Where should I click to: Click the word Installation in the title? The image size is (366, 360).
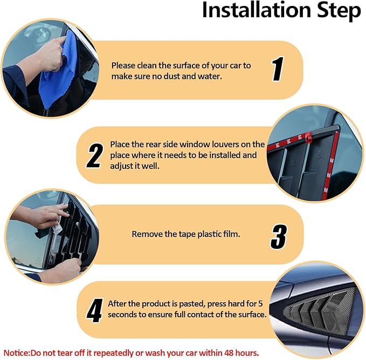257,10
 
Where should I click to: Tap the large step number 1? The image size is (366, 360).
278,69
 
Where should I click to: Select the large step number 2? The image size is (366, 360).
95,155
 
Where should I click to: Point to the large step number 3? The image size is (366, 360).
279,236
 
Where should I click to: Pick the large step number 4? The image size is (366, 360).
95,310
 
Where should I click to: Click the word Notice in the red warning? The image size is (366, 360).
16,353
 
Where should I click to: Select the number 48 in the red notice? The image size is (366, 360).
229,353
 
